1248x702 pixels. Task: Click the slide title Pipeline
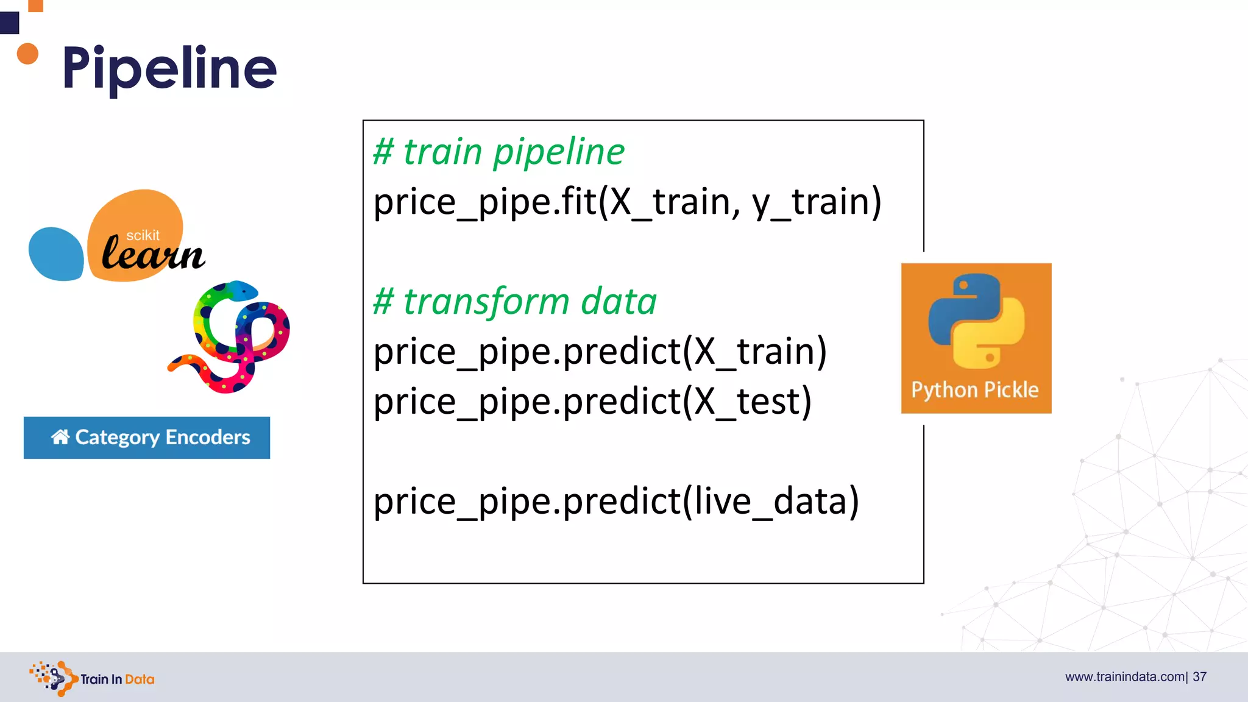[169, 68]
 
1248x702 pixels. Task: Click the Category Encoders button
[147, 438]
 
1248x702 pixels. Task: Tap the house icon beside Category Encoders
[60, 437]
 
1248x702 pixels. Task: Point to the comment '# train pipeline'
[498, 151]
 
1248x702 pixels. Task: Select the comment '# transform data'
[515, 301]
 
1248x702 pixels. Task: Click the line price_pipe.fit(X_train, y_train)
[627, 202]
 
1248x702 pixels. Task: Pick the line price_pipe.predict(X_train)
[600, 352]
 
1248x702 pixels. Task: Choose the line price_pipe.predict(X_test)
[592, 402]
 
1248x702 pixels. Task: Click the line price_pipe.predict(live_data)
[616, 502]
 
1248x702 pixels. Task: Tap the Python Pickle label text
[974, 390]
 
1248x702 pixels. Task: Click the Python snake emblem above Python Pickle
[976, 321]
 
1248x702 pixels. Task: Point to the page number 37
[1199, 677]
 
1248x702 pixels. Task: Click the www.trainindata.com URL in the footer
[1124, 677]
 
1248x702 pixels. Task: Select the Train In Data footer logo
[92, 678]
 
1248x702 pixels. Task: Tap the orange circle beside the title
[27, 54]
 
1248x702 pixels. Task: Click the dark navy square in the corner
[9, 23]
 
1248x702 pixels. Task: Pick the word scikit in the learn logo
[143, 236]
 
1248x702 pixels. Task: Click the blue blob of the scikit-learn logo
[55, 254]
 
